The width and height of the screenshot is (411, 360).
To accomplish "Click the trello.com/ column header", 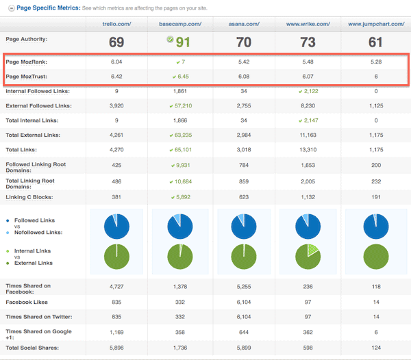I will click(x=116, y=24).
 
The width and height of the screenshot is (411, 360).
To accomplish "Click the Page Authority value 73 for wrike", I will click(x=308, y=42).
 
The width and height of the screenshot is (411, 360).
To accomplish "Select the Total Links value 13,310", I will click(x=308, y=149).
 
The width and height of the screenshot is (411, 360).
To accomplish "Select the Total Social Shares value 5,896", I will click(x=116, y=348).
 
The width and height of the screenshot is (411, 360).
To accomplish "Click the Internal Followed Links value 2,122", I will click(x=308, y=91).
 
